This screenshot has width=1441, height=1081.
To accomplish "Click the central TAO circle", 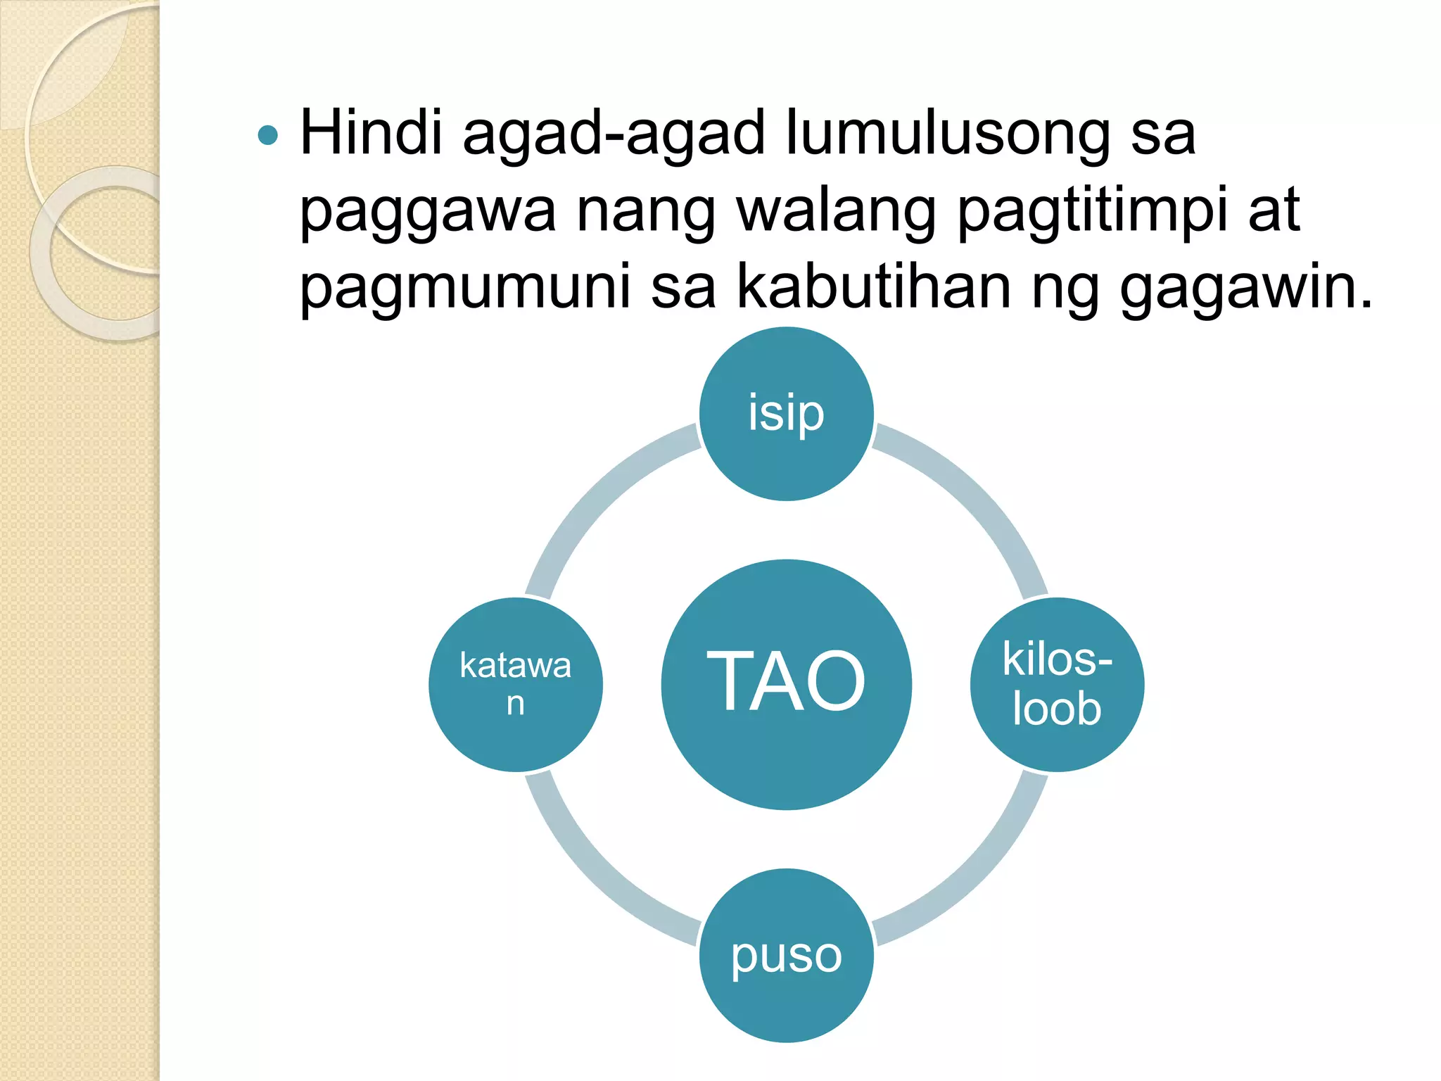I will tap(786, 684).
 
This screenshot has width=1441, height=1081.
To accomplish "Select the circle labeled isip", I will tap(786, 414).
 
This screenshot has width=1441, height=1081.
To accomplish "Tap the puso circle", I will tap(786, 955).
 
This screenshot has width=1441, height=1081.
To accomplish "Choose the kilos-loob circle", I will tap(1057, 684).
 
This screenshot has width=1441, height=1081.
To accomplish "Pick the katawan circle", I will tap(516, 684).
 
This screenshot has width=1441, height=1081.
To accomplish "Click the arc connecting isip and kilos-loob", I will tap(978, 493).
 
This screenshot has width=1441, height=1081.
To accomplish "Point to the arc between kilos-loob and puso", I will tap(978, 876).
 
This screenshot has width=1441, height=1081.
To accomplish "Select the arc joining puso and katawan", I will tap(595, 876).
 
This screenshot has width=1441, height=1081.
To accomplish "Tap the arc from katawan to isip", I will tap(595, 493).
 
